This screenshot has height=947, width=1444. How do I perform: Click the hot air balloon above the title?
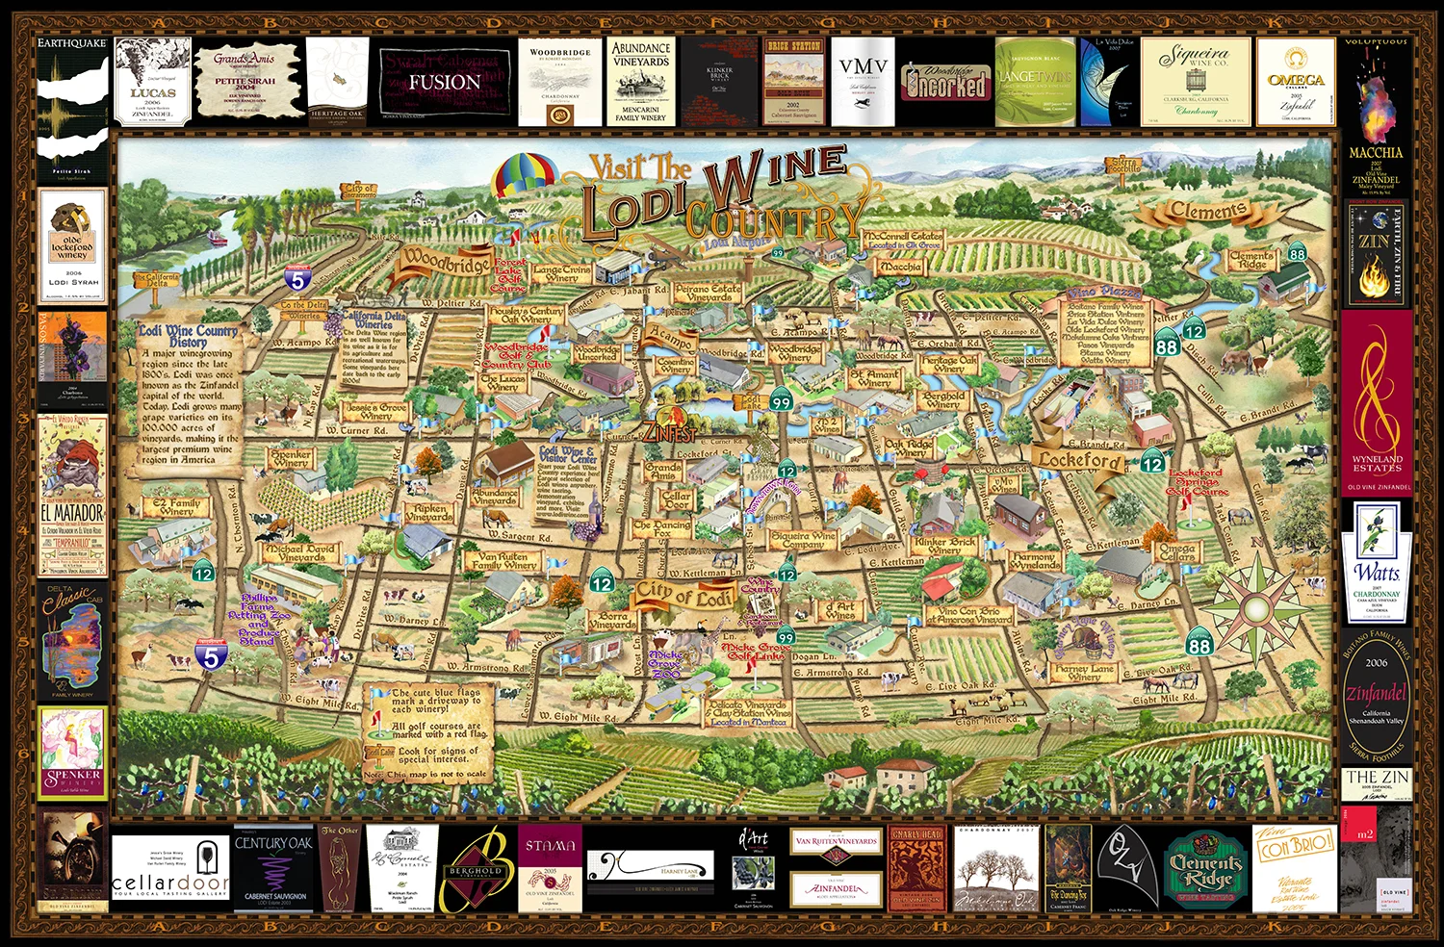click(x=526, y=175)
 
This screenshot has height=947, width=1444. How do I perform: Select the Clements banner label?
click(x=1208, y=211)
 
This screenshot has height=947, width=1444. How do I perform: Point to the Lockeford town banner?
click(x=1079, y=460)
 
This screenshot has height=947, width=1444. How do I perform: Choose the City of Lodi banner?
click(x=683, y=594)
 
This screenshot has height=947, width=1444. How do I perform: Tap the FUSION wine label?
click(x=444, y=82)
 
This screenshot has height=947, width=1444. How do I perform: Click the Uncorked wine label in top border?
click(x=943, y=84)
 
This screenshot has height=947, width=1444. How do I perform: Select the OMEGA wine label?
click(x=1296, y=83)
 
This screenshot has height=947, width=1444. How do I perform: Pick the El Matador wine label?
click(x=72, y=496)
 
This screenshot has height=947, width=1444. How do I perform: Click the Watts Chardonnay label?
click(x=1377, y=563)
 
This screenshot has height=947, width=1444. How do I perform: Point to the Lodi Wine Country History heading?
click(x=189, y=335)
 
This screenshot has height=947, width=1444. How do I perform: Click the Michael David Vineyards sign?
click(x=301, y=552)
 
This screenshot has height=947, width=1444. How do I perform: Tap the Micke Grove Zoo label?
click(x=664, y=663)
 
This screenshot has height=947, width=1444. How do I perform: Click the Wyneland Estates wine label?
click(x=1377, y=399)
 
